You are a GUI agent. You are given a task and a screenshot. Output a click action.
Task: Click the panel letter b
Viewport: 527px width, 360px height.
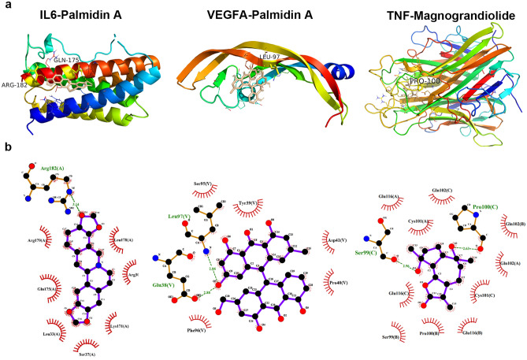[7, 147]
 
